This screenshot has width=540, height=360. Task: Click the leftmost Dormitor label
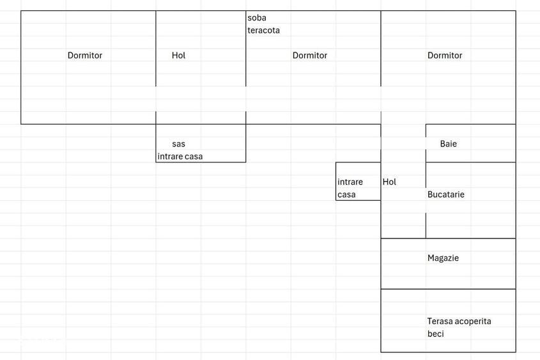[85, 56]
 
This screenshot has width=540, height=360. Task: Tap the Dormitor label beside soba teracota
[309, 56]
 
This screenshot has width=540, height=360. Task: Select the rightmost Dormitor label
[445, 56]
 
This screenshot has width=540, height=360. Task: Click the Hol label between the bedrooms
[178, 56]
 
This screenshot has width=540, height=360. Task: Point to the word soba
[256, 17]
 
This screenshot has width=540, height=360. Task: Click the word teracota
[263, 30]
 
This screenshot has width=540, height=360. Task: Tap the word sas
[178, 144]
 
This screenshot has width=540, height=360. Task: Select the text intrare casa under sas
[180, 157]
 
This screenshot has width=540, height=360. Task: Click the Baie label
[449, 144]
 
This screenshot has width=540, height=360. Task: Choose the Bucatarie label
[445, 194]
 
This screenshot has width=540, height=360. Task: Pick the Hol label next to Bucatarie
[389, 182]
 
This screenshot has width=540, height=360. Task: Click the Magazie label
[443, 258]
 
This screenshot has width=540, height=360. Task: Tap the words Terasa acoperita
[459, 322]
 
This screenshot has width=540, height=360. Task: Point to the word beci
[435, 334]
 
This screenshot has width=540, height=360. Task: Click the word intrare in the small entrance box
[350, 182]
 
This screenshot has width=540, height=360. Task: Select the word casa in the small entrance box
[346, 194]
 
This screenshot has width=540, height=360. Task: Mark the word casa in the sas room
[194, 157]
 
